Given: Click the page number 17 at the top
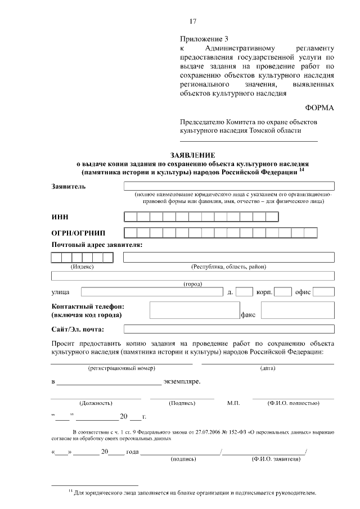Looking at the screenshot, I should point(193,21).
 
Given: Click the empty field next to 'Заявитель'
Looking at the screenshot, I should point(229,186).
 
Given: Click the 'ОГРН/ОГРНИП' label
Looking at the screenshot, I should point(78,233).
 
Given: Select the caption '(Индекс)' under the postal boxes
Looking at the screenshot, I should point(82,267).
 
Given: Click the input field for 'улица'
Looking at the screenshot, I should point(151,292).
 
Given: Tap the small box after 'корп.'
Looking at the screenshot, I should point(282,292).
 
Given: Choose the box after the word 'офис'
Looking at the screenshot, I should point(323,292).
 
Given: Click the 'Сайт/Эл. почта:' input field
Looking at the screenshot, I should point(229,329).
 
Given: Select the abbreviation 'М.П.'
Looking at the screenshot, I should point(233,403).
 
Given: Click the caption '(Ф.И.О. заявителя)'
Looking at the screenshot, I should point(276,459).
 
